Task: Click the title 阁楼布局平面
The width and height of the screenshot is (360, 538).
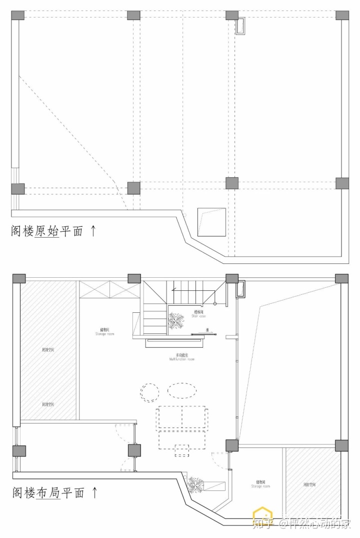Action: (48, 493)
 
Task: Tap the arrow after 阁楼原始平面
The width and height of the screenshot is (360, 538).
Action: (93, 231)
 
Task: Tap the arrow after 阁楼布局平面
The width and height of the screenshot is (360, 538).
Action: (94, 492)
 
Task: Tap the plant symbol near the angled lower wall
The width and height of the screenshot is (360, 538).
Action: (196, 483)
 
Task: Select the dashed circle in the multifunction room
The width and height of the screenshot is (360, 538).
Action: (148, 391)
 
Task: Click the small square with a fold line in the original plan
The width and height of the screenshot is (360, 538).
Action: (210, 222)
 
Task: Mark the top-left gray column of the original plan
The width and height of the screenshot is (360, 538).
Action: (17, 15)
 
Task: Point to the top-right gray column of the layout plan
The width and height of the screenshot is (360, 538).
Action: (341, 279)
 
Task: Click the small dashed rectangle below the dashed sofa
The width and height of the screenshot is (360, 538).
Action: (182, 450)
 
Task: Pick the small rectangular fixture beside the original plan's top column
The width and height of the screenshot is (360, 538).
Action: (241, 27)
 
